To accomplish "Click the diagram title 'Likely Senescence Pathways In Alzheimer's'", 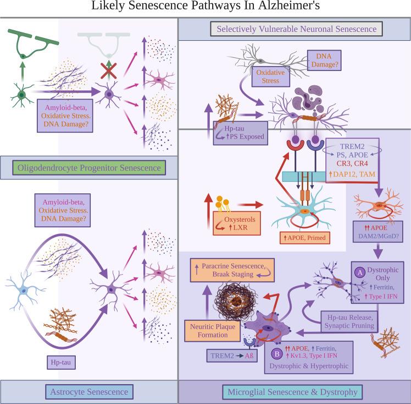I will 205,8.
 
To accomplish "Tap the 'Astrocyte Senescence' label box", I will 89,392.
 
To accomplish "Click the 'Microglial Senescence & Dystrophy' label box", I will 295,392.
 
